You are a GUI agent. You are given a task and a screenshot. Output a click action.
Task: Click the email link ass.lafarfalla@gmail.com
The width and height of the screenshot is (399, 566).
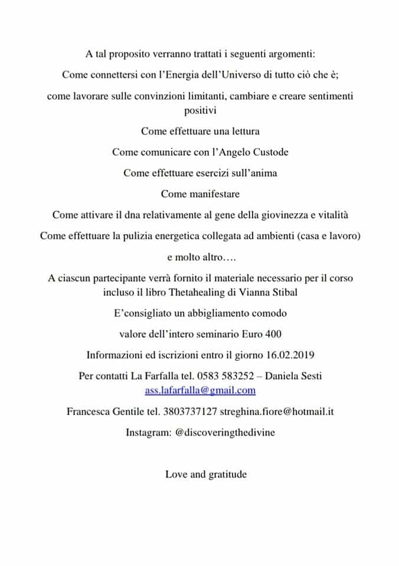(x=200, y=390)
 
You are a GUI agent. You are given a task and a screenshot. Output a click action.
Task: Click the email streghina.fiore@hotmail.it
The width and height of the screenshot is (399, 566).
(x=277, y=412)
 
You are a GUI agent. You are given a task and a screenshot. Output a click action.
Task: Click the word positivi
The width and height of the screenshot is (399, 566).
(x=200, y=110)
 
